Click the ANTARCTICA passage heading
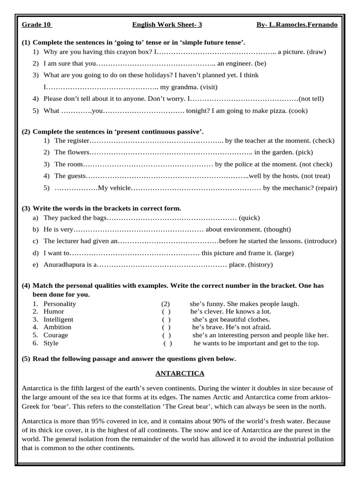tap(180, 374)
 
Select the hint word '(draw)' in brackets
tap(316, 52)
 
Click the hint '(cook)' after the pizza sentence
tap(298, 111)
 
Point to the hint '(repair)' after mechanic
tap(326, 188)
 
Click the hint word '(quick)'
tap(249, 217)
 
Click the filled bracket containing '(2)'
tap(165, 304)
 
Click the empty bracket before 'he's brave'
tap(166, 327)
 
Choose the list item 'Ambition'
tap(57, 327)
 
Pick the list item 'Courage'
tap(56, 335)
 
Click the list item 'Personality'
tap(60, 304)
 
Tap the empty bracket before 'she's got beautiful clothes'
tap(166, 319)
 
